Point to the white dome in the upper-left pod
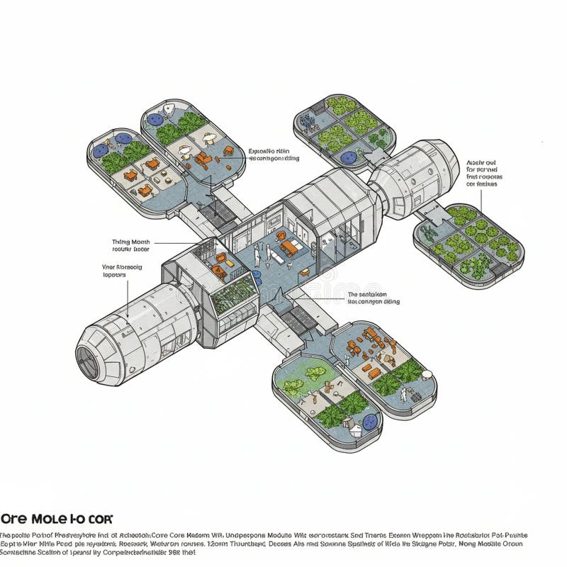click(169, 111)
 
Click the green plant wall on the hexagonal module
click(234, 293)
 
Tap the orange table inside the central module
click(288, 247)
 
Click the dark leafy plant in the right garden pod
click(430, 234)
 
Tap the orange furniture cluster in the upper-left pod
click(202, 159)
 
